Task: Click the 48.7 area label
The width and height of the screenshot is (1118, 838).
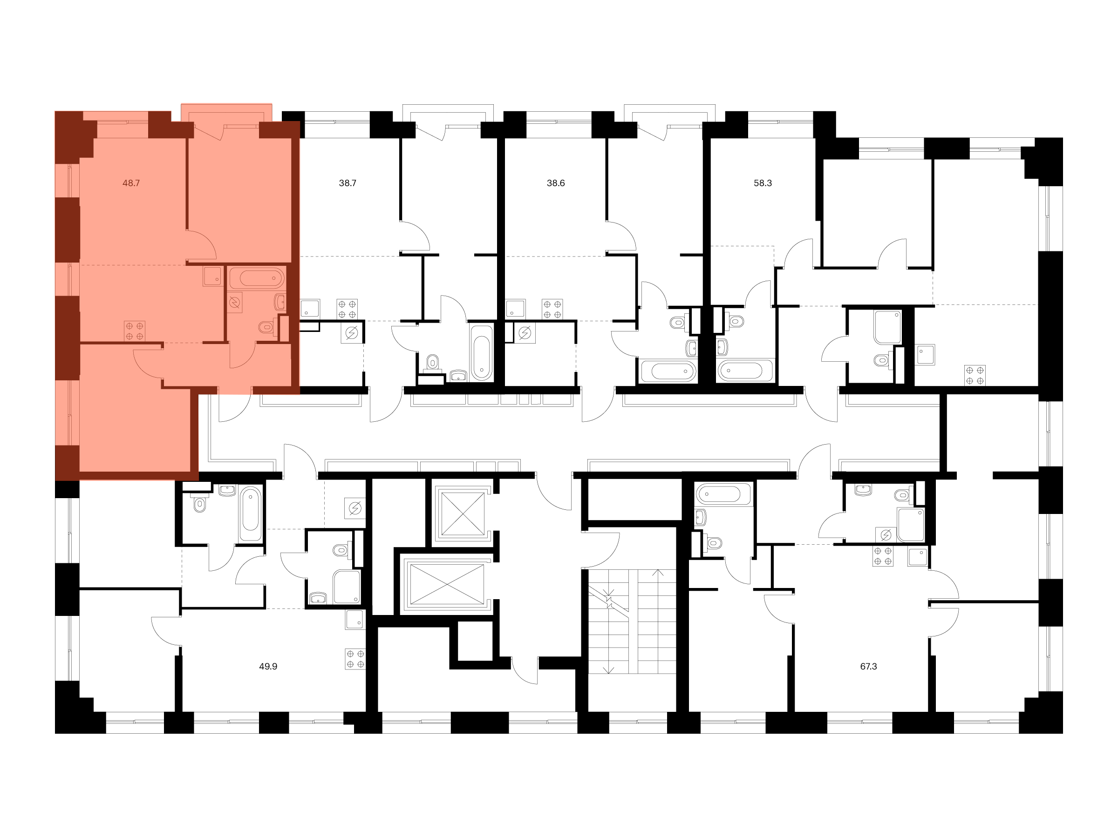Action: click(x=131, y=183)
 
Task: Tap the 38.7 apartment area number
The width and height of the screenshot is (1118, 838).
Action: click(x=348, y=183)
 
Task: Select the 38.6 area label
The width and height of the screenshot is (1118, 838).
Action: click(x=555, y=183)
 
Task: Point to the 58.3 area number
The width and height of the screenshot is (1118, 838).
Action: click(x=763, y=183)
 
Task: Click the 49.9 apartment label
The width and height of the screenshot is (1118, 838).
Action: click(x=268, y=666)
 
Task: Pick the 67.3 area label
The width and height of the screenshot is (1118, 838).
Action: click(x=868, y=666)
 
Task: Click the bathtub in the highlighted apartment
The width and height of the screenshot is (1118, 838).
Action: click(x=257, y=278)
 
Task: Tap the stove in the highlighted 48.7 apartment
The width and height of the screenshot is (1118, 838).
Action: click(x=135, y=331)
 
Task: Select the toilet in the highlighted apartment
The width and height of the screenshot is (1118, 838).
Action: click(x=267, y=327)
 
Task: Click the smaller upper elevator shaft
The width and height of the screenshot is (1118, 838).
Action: click(x=463, y=513)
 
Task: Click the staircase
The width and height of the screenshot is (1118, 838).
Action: click(x=632, y=622)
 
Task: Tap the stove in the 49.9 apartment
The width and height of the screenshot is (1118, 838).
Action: click(x=355, y=659)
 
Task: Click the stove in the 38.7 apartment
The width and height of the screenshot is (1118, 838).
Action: click(x=347, y=310)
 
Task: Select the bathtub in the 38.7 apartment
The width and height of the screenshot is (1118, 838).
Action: click(x=481, y=352)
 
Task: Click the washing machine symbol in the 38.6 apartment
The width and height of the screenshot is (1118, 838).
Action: click(x=525, y=333)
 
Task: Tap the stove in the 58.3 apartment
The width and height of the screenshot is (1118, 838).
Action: click(x=975, y=375)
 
